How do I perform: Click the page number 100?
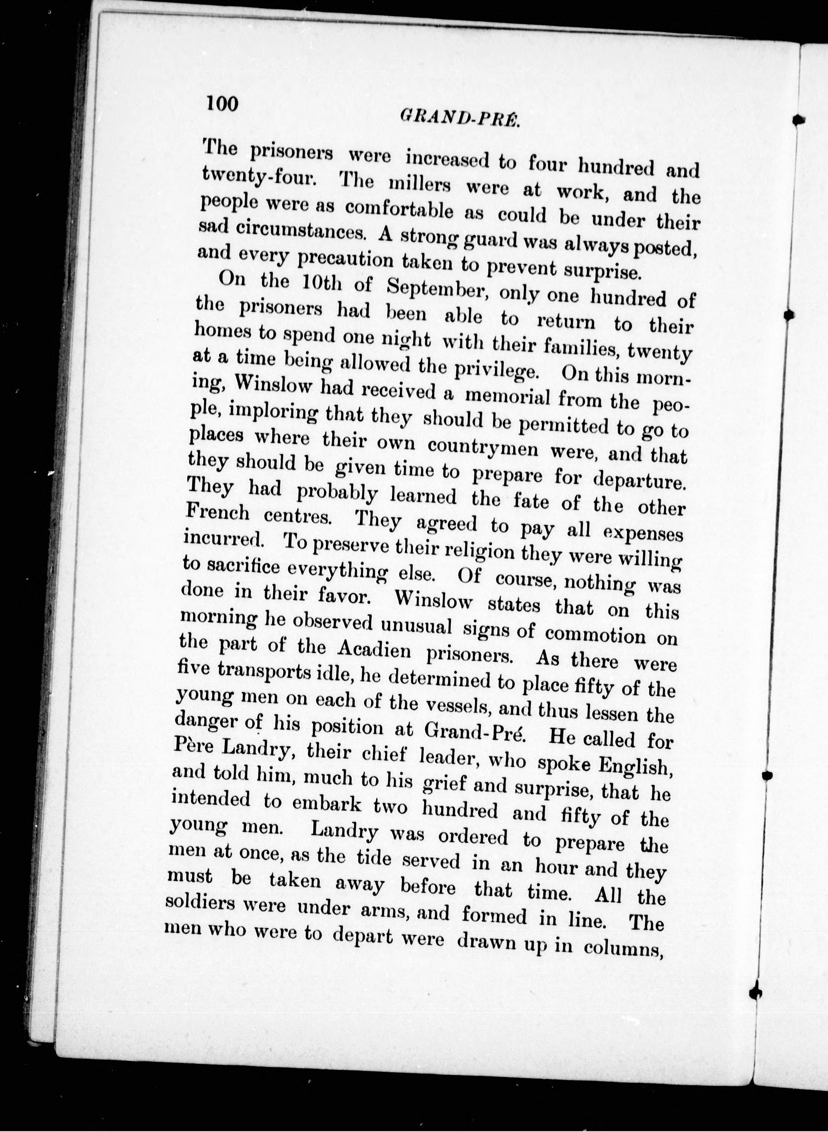click(221, 103)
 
